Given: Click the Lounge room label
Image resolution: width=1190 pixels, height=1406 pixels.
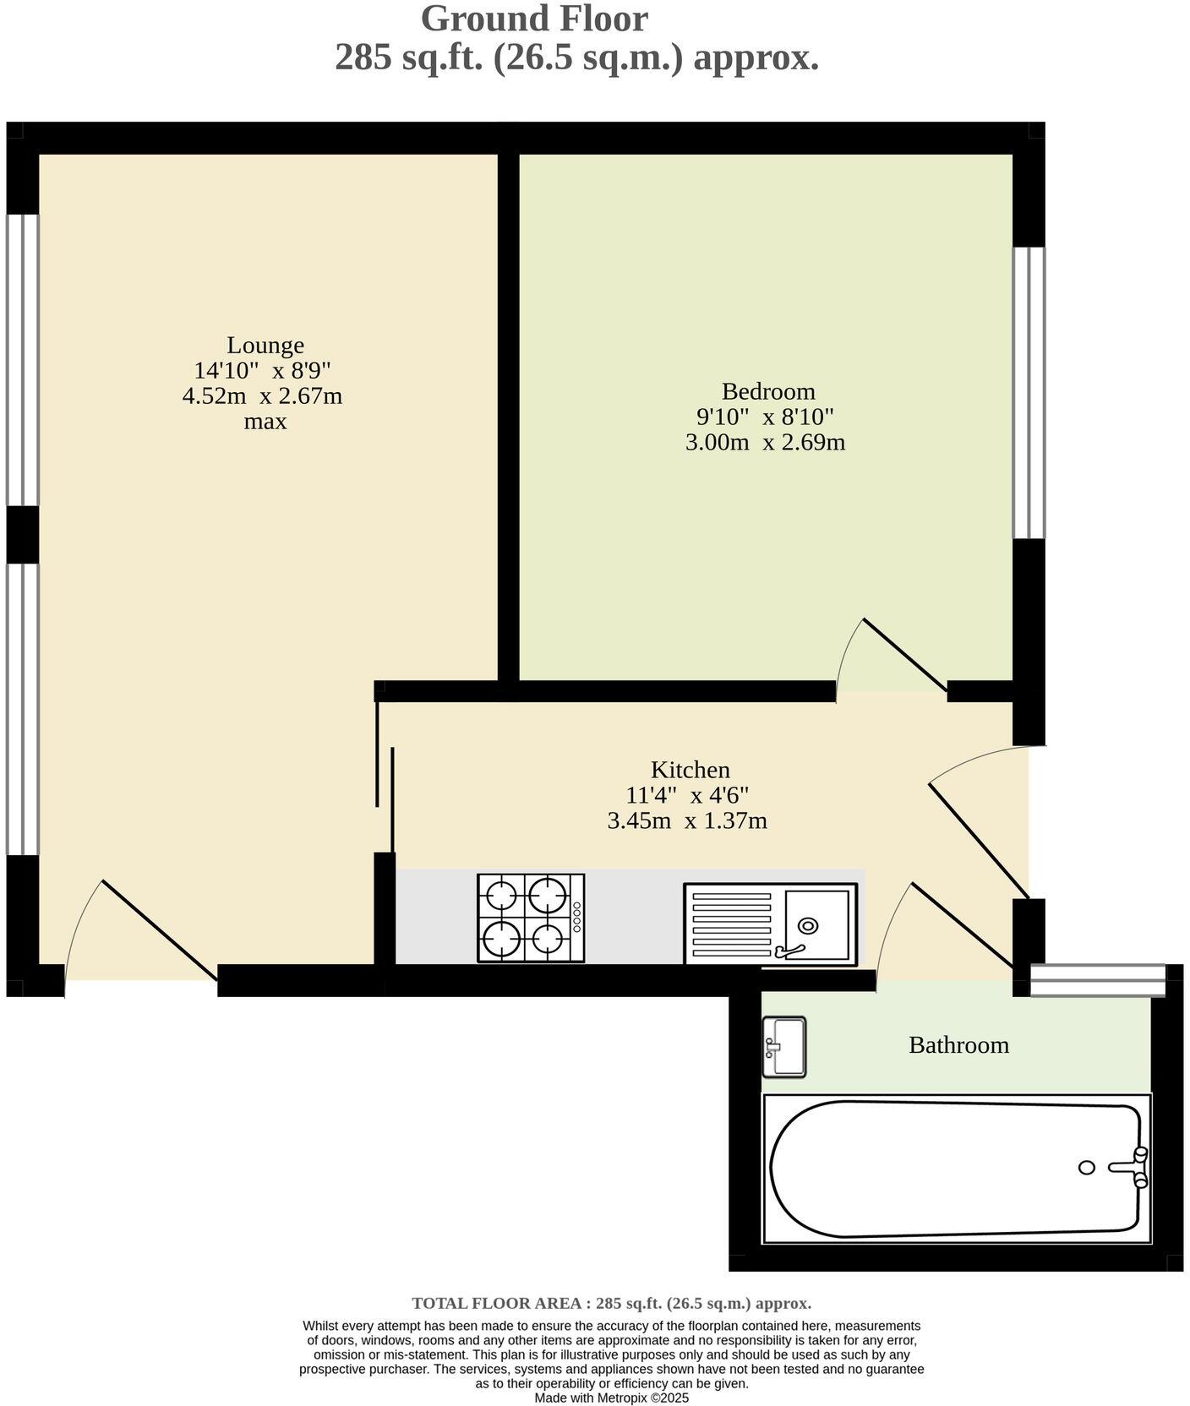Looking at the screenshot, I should point(265,346).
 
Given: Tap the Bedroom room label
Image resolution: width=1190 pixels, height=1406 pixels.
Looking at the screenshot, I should point(768,391).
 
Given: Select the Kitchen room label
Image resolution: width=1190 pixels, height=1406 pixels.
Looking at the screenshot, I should point(690,770).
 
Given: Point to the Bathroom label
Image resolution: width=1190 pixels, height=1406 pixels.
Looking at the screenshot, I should point(958,1045).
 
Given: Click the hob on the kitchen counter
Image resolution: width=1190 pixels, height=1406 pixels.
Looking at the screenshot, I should point(531,918).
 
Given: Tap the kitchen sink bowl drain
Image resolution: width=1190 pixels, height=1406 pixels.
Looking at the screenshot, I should point(809,925).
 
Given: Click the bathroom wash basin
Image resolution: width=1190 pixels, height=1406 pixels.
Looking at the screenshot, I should point(783,1047).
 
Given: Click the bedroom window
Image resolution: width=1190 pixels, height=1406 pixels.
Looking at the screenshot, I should point(1029,393).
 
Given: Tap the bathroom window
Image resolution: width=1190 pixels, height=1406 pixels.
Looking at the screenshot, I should point(1098,980).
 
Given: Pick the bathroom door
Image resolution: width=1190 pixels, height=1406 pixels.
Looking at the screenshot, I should point(961,924).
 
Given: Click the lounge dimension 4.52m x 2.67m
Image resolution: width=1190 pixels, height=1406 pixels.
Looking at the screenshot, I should point(262,396).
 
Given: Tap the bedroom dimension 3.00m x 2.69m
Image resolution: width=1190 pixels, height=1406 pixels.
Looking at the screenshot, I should point(765,442).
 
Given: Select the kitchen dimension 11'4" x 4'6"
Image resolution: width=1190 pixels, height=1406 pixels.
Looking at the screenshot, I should point(687,795).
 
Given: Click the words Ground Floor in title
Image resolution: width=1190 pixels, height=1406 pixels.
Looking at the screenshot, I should point(534,19).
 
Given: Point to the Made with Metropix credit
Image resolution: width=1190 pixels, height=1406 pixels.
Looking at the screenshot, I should point(611,1398).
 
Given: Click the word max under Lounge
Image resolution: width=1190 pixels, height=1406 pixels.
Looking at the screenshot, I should point(265,422).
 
